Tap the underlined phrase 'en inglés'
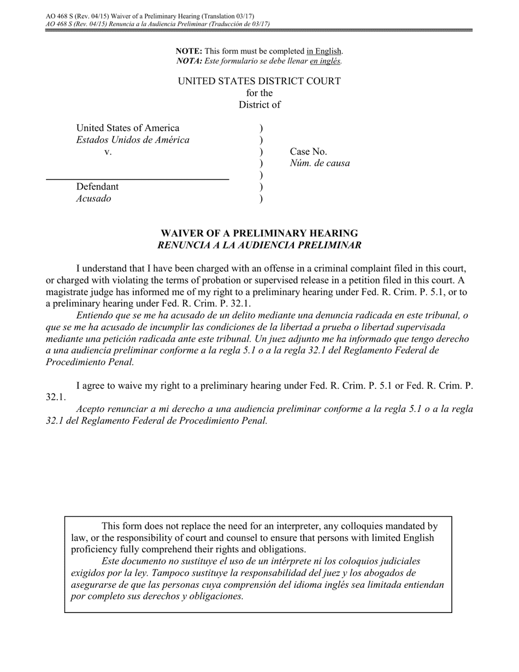point(326,61)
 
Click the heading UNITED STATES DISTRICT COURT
point(259,81)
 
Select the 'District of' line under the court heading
point(259,105)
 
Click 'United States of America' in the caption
point(127,128)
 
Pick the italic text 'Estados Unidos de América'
point(133,140)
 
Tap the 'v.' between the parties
point(108,152)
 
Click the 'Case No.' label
point(308,152)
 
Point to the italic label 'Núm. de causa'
point(320,163)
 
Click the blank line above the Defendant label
point(137,179)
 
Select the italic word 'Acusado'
point(93,199)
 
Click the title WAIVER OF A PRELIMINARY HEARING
point(259,233)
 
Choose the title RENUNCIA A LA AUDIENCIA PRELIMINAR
point(259,245)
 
